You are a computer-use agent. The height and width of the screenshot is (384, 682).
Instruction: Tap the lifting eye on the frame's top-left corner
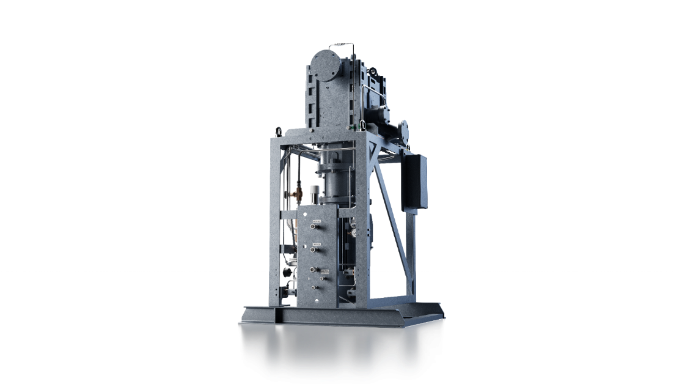tap(279, 130)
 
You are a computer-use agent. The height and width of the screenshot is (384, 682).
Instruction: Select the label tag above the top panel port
tap(316, 219)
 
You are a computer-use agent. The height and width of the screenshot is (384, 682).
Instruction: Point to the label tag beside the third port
tap(325, 271)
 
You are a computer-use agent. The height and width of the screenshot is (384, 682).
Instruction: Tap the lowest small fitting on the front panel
tap(314, 286)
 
